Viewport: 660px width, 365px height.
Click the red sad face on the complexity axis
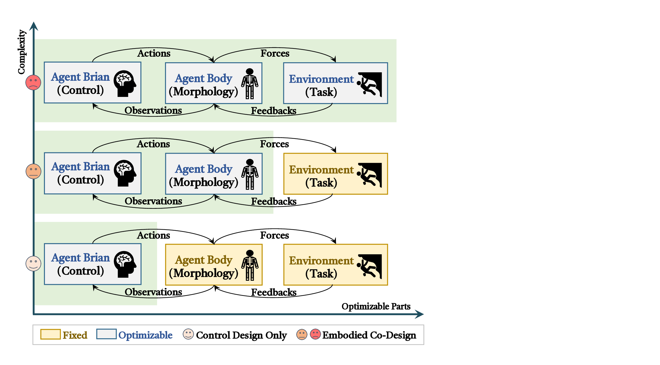coord(33,83)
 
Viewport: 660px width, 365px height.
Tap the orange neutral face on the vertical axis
coord(33,171)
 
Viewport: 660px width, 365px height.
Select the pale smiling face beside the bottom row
coord(33,263)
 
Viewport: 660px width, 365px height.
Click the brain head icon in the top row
coord(125,83)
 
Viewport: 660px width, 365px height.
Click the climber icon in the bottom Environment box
coord(370,266)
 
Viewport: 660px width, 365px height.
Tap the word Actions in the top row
coord(154,53)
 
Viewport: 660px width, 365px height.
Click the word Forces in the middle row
coord(274,144)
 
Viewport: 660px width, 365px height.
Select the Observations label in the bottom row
coord(153,292)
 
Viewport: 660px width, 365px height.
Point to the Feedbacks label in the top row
coord(273,111)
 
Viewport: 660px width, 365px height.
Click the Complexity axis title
coord(21,52)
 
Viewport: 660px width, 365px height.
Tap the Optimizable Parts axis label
coord(376,306)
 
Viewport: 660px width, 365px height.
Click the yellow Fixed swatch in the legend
coord(50,334)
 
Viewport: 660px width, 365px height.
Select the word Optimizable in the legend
coord(145,335)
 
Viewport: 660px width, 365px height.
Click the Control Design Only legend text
coord(241,335)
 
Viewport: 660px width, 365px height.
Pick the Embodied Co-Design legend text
coord(369,335)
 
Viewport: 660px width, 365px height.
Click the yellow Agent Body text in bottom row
coord(203,260)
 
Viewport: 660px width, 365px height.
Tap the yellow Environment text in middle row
coord(321,170)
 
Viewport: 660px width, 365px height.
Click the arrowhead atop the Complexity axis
coord(34,26)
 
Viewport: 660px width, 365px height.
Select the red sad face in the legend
coord(315,334)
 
